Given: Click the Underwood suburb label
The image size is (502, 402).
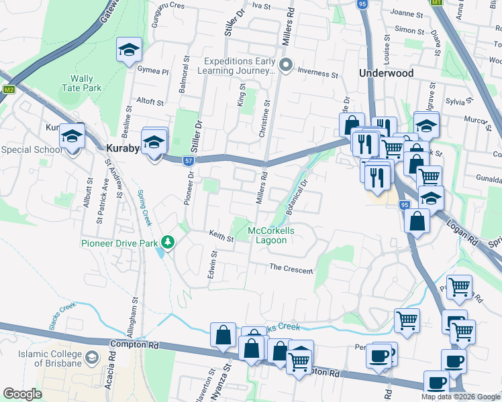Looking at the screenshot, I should (385, 72).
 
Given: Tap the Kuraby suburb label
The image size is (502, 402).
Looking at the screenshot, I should (123, 148).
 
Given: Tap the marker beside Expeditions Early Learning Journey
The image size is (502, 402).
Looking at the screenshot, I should (286, 65).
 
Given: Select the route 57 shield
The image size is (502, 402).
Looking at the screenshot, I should (190, 161).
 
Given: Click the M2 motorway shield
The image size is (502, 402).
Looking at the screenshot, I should (9, 89).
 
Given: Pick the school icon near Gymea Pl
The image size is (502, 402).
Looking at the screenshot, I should (129, 50).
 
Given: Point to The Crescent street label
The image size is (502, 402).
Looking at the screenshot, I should (291, 269).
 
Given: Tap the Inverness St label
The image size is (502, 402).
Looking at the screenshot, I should (317, 74).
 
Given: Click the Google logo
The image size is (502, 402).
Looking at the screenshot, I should (22, 393).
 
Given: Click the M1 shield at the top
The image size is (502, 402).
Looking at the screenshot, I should (437, 3).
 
